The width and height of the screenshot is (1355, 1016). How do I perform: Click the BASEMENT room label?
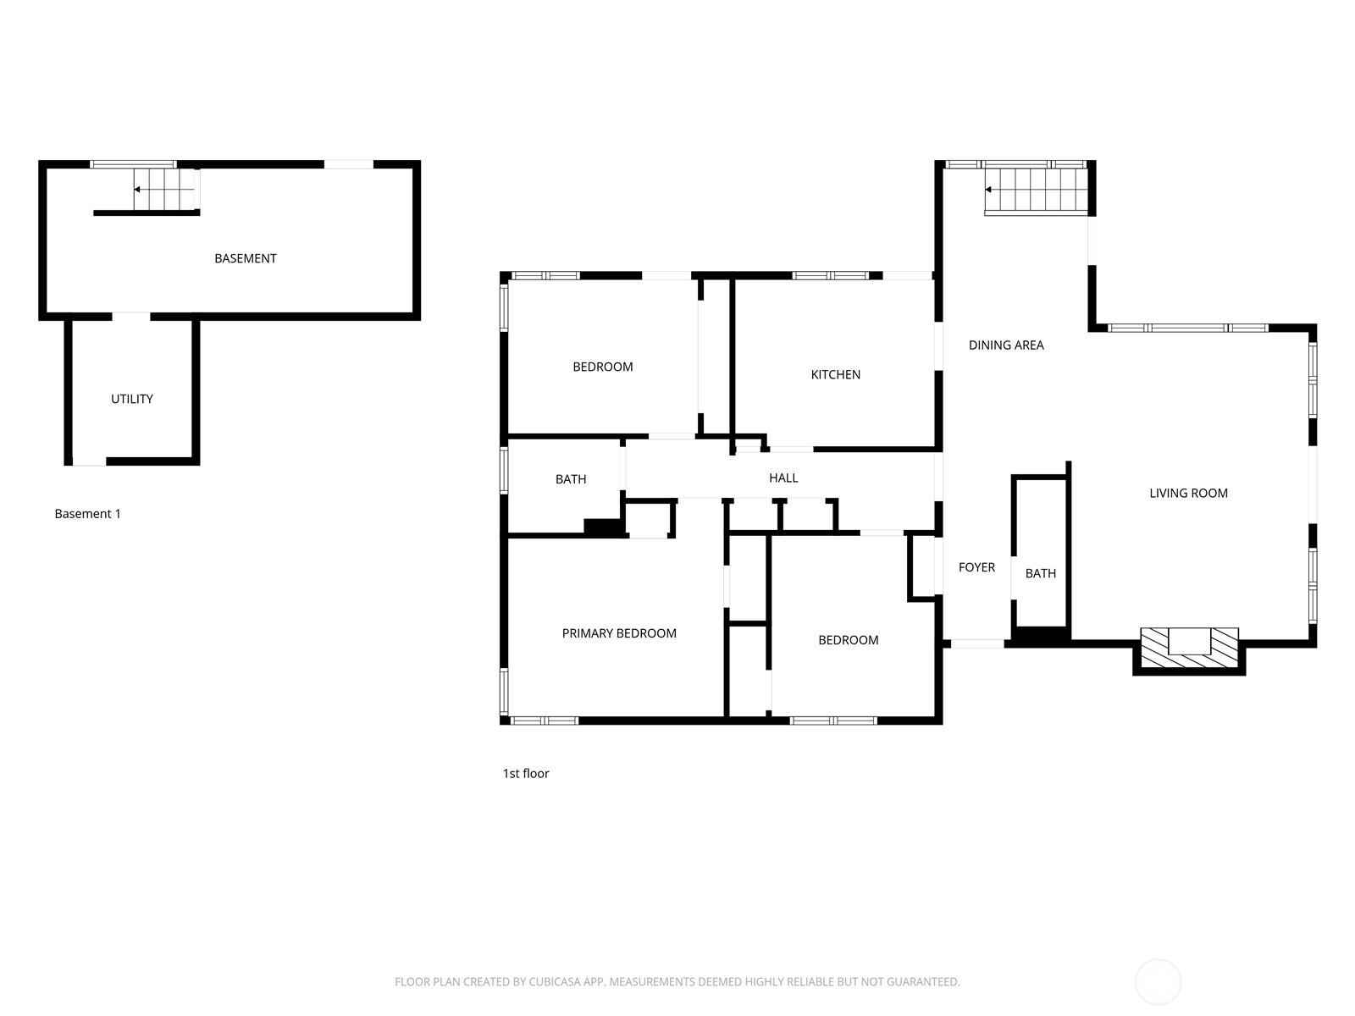[x=245, y=258]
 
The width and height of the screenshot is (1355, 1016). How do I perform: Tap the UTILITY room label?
[x=132, y=399]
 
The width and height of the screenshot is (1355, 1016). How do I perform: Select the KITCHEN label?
[x=835, y=374]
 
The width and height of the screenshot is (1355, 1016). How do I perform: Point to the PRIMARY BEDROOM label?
[x=619, y=633]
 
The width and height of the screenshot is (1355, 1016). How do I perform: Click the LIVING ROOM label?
[x=1188, y=493]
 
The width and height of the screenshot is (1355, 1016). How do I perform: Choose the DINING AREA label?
[x=1006, y=345]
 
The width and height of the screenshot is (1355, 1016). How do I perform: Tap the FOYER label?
[x=976, y=567]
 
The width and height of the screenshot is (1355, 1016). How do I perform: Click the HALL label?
[x=783, y=478]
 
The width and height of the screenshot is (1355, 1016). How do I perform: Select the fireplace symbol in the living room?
[x=1189, y=649]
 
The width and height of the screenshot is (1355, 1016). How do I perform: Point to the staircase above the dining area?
[x=1036, y=190]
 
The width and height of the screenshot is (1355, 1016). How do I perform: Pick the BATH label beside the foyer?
[x=1040, y=573]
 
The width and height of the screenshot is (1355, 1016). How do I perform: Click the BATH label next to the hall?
[x=571, y=479]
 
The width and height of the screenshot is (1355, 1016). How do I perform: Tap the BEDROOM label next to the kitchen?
[x=603, y=367]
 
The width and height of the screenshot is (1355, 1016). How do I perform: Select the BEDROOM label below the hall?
[x=848, y=640]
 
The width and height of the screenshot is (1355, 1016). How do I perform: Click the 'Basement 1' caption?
[x=88, y=514]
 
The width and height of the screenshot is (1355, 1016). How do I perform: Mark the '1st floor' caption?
[x=526, y=773]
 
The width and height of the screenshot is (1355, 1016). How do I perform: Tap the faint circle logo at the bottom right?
[x=1158, y=982]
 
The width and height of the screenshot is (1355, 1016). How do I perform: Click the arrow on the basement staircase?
[x=138, y=190]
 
